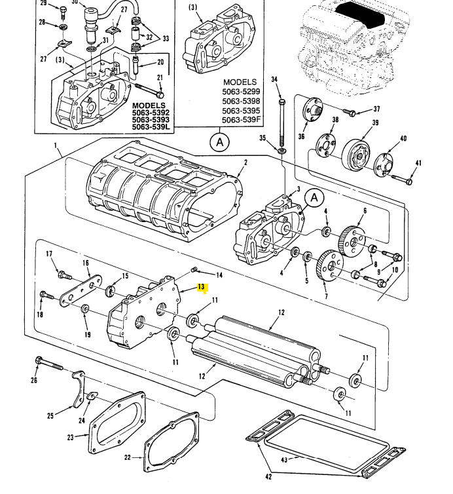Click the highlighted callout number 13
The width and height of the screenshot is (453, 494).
tap(202, 287)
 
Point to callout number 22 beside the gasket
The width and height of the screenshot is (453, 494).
tap(127, 457)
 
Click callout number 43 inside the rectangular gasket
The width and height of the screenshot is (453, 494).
tap(285, 459)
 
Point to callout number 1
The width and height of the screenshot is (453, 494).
tap(56, 145)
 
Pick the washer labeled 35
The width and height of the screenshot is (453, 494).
tap(281, 151)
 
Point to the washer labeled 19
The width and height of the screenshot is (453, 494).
tap(84, 309)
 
